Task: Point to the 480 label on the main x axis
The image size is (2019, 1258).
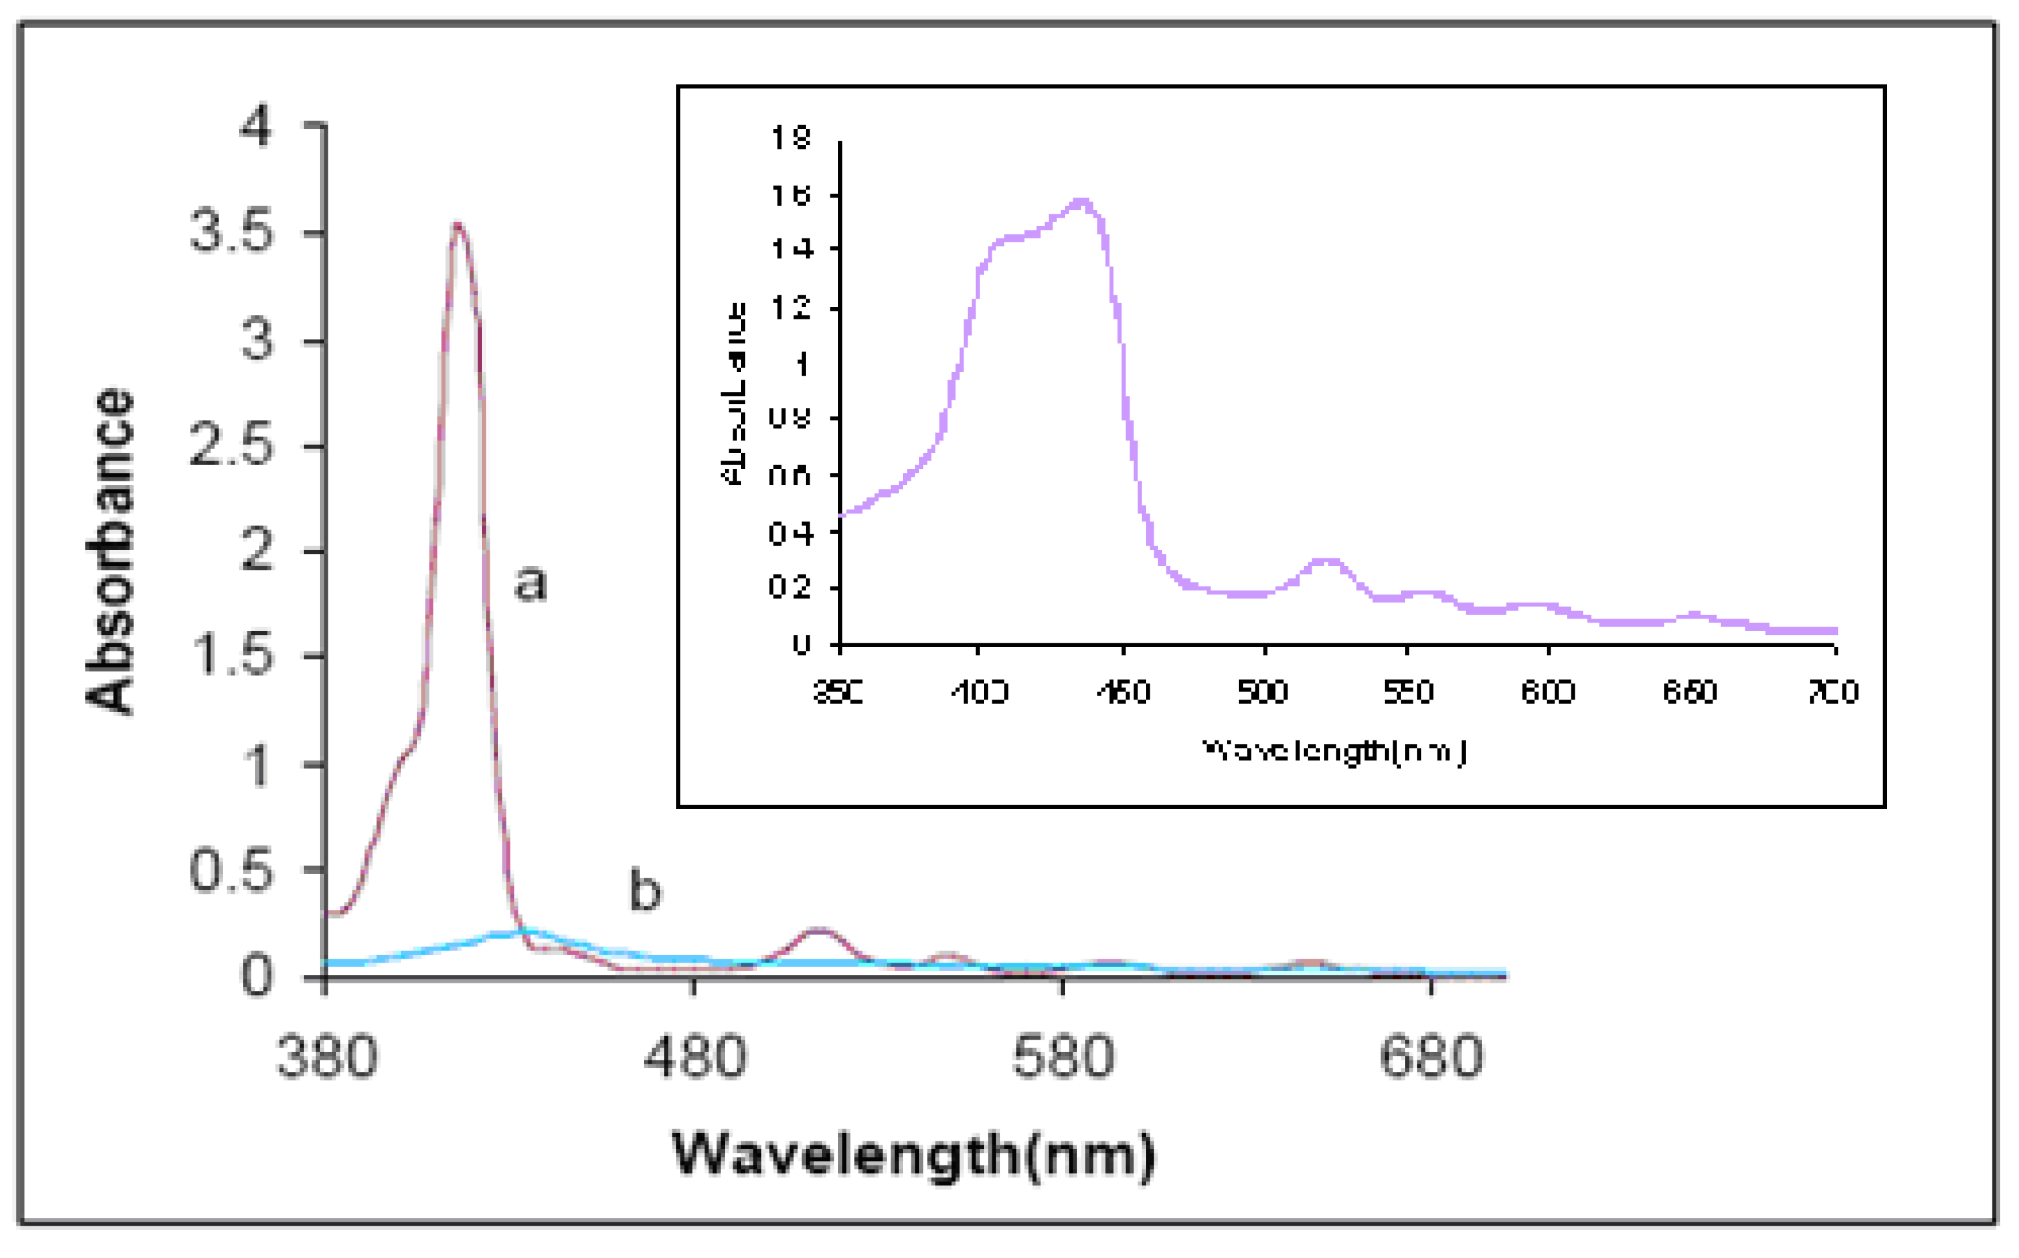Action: click(x=694, y=1057)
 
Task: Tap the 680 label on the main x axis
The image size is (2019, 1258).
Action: click(x=1431, y=1057)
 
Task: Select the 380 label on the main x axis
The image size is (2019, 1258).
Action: click(x=326, y=1057)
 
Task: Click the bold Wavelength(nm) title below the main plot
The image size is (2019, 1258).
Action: click(x=913, y=1156)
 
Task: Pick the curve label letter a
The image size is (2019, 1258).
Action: click(x=530, y=582)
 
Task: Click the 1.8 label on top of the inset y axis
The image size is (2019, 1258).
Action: click(x=790, y=138)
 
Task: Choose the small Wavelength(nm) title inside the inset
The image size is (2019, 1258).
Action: click(x=1334, y=752)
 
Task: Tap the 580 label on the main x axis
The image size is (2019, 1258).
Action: click(x=1063, y=1057)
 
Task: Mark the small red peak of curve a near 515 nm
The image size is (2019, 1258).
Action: click(x=819, y=930)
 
